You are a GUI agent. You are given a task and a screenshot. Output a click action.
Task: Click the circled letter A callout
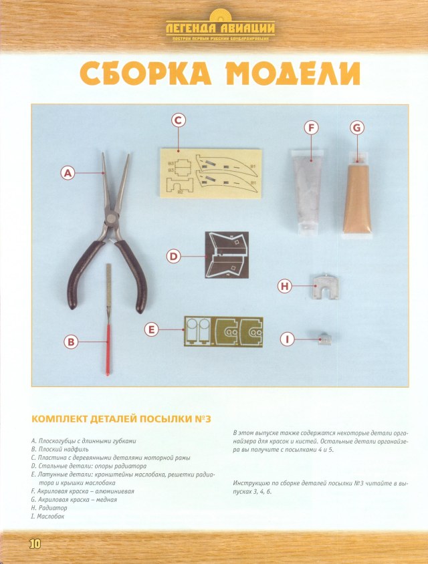(x=67, y=173)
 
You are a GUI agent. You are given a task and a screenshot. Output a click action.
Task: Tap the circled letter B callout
(x=71, y=341)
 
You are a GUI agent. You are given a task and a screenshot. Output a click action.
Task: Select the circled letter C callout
(x=178, y=120)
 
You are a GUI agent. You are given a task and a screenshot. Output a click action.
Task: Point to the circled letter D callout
(x=173, y=256)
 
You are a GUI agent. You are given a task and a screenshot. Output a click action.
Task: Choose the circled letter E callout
(x=152, y=329)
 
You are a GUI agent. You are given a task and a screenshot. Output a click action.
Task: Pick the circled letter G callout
(x=356, y=127)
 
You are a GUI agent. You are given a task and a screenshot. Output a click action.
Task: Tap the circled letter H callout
(x=286, y=286)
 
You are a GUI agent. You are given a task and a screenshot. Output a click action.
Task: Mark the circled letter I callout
(x=288, y=339)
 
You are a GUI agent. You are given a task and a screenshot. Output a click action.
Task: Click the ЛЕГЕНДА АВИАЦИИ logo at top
(x=220, y=28)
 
